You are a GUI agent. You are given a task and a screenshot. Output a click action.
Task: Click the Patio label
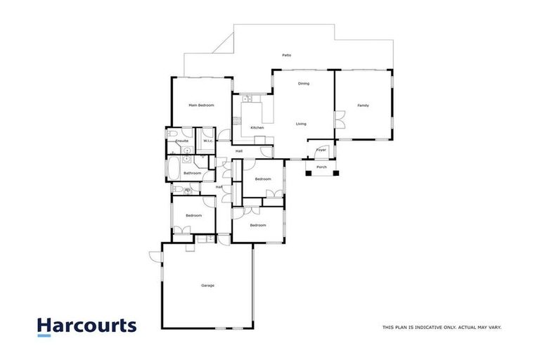point(286,55)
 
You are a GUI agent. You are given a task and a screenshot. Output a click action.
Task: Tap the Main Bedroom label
point(201,105)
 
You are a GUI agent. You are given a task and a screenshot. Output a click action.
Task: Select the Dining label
point(303,84)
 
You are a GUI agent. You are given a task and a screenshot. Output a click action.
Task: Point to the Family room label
point(363,105)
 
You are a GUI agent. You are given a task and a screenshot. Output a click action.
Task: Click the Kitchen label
point(257,127)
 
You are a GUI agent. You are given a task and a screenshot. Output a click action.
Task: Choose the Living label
point(301,124)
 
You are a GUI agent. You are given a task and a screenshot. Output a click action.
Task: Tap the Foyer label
point(321,150)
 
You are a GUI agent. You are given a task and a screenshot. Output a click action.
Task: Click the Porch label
point(321,167)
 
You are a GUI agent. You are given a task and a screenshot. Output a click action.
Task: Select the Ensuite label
point(181,141)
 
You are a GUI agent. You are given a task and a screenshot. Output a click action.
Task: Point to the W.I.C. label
point(208,141)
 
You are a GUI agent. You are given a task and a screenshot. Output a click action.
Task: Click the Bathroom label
point(193,173)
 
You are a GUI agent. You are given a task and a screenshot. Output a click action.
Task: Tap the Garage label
point(207,285)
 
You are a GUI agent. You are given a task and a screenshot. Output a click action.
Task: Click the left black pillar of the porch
point(308,172)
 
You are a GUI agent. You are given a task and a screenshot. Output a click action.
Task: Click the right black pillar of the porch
point(335,172)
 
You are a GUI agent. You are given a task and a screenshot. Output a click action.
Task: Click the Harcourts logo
point(86,326)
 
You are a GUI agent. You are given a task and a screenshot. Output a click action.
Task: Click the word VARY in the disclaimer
point(492,327)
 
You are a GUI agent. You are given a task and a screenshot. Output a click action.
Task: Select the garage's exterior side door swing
point(155,256)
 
